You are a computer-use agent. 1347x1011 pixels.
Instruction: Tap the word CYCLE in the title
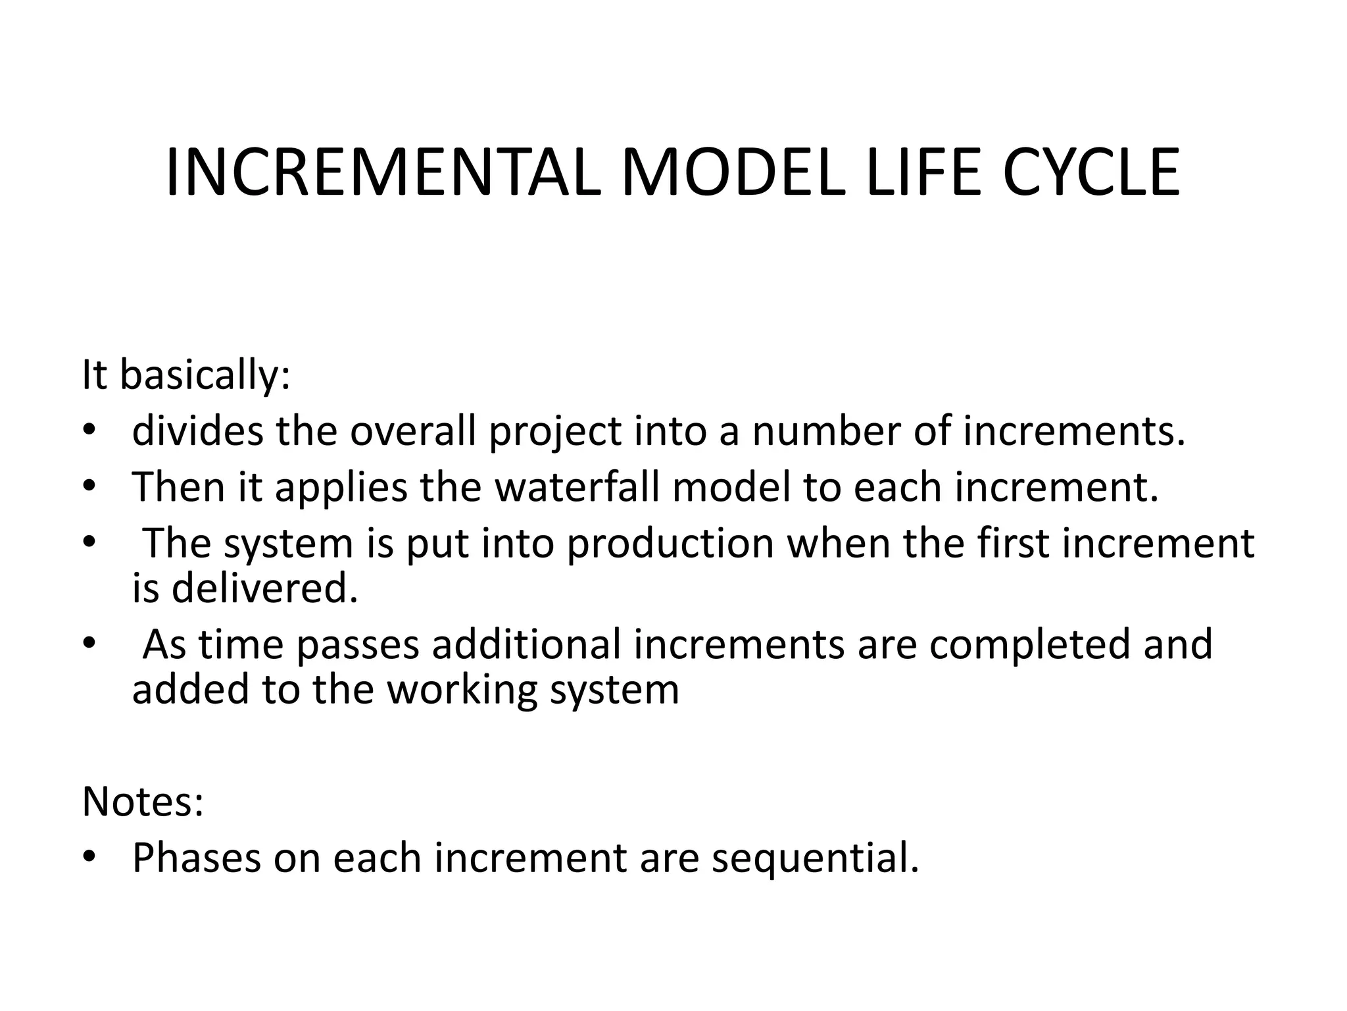(x=1091, y=172)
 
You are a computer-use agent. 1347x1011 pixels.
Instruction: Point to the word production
(x=670, y=545)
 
